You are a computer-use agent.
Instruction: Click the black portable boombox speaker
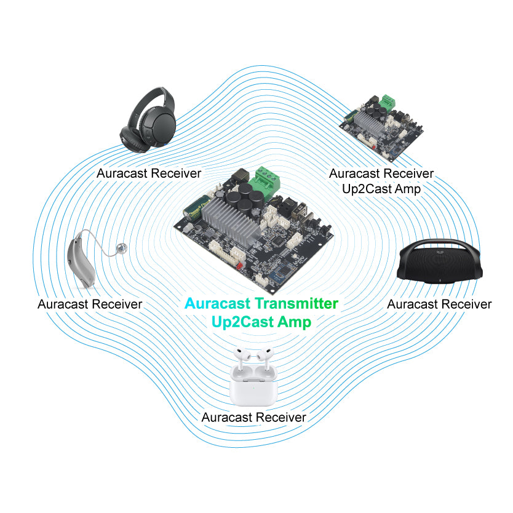pos(439,262)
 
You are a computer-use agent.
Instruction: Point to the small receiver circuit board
pos(381,127)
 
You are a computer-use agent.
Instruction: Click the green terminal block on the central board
pos(264,181)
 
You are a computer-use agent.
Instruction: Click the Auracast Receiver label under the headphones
pos(149,173)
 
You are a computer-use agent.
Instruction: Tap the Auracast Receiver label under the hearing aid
pos(90,304)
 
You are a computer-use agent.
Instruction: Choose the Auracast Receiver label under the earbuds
pos(254,418)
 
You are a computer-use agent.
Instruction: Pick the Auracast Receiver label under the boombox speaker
pos(439,304)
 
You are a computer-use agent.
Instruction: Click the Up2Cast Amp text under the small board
pos(381,189)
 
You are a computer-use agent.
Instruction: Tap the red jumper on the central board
pos(239,265)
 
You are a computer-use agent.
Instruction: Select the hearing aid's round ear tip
pos(122,249)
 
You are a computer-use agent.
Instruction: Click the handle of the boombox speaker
pos(439,244)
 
